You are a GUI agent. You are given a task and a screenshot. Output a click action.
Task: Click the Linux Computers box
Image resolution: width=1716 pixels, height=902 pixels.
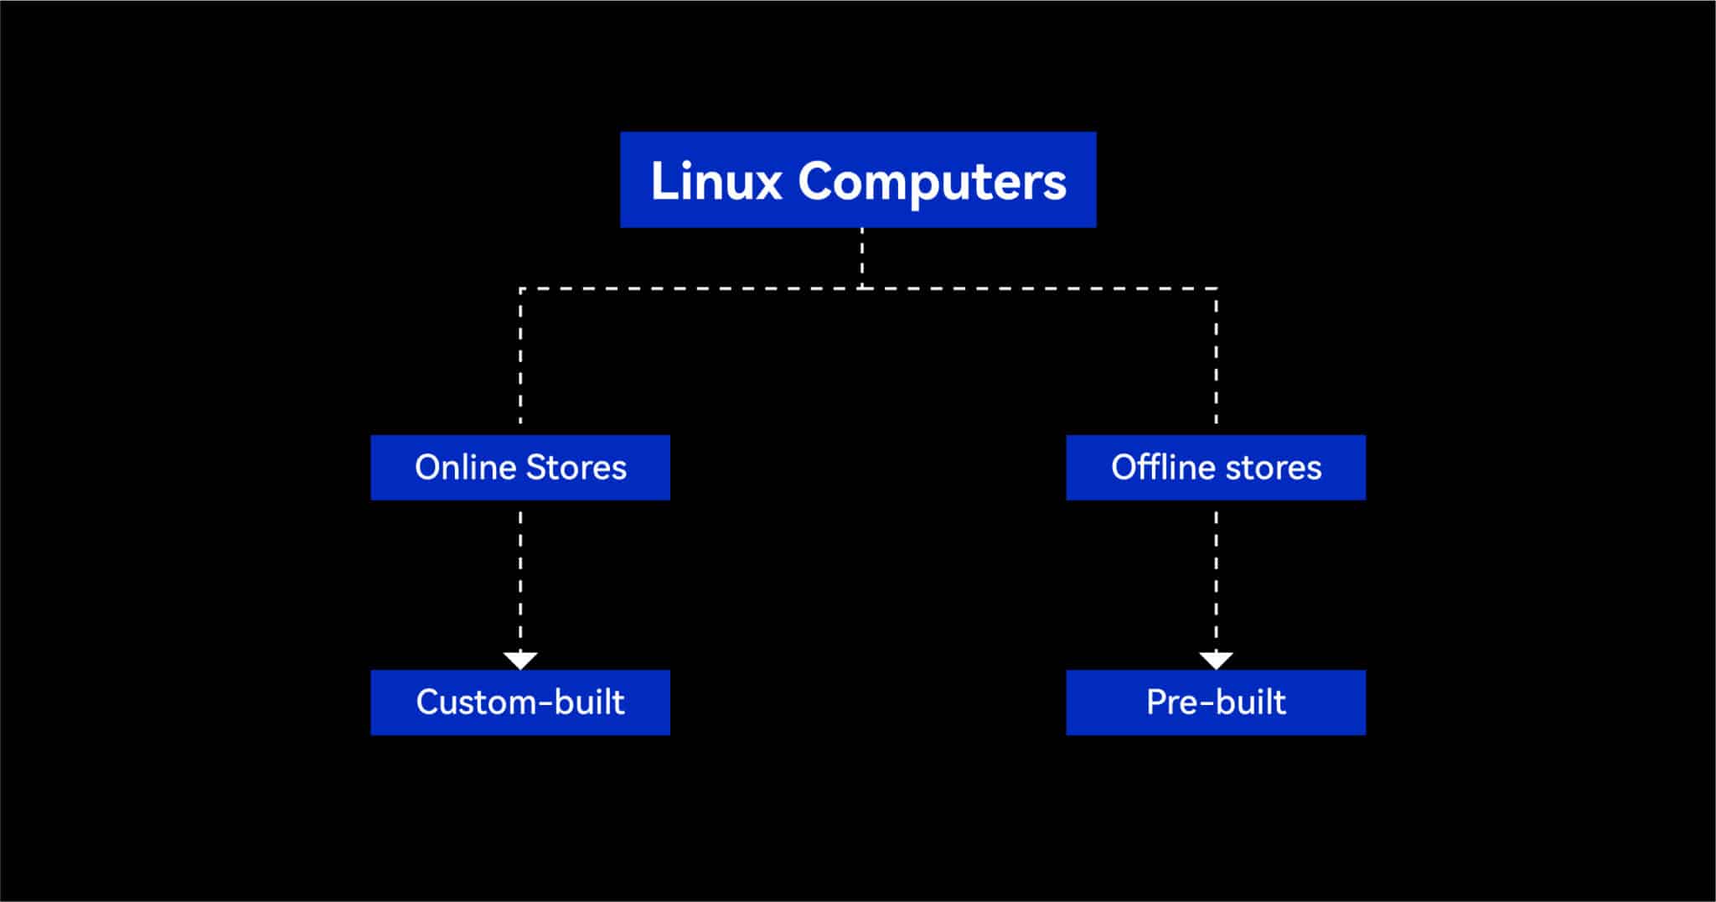[857, 179]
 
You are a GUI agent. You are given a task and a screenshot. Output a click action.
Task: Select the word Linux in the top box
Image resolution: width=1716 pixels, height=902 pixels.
[716, 181]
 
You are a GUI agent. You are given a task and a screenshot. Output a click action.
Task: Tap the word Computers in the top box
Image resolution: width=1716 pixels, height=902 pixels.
[932, 182]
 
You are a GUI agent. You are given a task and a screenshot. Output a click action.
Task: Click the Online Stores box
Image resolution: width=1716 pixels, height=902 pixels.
[520, 467]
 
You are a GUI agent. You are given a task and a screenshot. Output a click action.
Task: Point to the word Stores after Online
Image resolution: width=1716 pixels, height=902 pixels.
[576, 467]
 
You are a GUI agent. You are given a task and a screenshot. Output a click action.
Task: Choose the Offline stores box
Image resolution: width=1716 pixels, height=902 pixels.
[1215, 467]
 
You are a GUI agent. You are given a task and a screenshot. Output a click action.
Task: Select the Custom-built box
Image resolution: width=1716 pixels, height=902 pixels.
[520, 702]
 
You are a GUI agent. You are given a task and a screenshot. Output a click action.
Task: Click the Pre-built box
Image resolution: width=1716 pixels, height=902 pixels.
[1215, 702]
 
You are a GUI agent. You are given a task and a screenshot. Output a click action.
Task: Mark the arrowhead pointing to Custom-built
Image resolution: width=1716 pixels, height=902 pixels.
[520, 661]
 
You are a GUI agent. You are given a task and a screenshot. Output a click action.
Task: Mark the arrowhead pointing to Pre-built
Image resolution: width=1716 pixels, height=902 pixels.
[1216, 661]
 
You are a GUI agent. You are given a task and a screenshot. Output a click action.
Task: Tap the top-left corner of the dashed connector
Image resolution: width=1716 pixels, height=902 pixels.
[521, 289]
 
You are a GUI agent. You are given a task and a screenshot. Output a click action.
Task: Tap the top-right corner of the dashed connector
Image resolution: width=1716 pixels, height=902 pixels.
[1216, 289]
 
